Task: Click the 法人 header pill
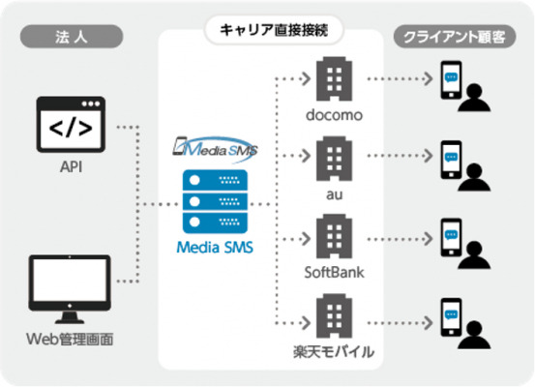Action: coord(72,37)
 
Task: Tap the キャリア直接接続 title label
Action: coord(274,30)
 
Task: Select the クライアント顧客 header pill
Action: coord(455,37)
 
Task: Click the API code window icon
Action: coord(71,124)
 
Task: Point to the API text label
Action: coord(71,167)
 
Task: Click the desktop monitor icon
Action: coord(70,289)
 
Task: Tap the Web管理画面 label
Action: coord(70,340)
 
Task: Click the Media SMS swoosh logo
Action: coord(215,149)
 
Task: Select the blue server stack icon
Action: coord(215,201)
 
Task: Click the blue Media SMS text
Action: coord(215,248)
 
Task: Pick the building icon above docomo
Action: coord(334,78)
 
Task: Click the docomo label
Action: coord(334,115)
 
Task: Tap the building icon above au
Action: coord(334,159)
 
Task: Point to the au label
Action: coord(334,194)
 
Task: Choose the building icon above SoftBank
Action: coord(334,236)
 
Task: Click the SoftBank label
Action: coord(334,272)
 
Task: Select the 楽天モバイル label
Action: coord(334,352)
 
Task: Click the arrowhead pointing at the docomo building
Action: coord(306,78)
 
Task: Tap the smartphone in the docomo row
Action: coord(451,80)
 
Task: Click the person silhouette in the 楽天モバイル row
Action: coord(474,335)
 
